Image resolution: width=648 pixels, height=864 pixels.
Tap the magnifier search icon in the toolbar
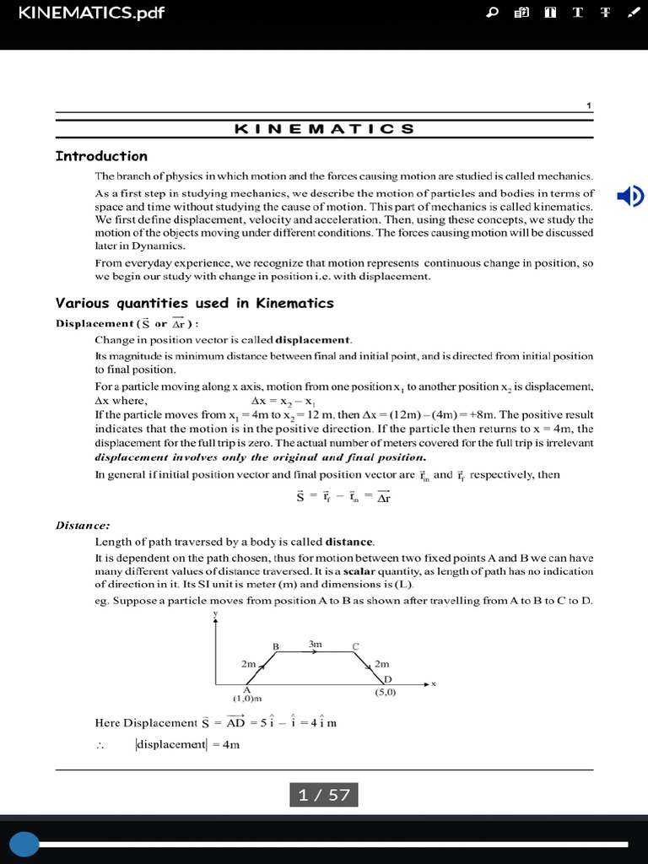tap(494, 13)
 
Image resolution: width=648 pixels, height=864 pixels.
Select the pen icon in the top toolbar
tap(633, 13)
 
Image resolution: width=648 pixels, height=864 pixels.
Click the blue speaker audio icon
tap(629, 197)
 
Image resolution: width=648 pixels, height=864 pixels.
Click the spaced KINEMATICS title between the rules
tap(324, 129)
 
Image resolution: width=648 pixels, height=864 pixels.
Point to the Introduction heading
tap(101, 156)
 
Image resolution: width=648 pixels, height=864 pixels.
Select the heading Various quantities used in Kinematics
tap(194, 303)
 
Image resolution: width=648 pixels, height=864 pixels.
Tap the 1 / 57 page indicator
tap(324, 795)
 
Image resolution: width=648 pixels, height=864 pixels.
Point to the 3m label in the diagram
tap(316, 644)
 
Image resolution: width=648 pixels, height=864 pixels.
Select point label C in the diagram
tap(356, 646)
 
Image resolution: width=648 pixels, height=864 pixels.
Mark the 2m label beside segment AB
tap(248, 664)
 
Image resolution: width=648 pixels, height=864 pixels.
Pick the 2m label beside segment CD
tap(381, 664)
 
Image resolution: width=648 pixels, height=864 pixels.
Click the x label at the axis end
tap(434, 683)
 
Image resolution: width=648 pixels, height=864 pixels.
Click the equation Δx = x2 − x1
tap(283, 401)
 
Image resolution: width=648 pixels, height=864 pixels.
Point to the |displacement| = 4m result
tap(186, 744)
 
